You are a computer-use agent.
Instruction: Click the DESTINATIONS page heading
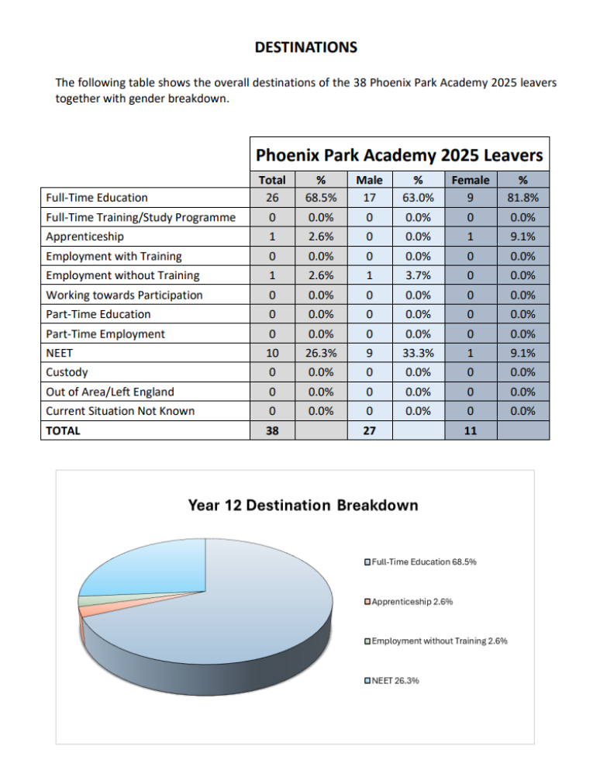coord(306,47)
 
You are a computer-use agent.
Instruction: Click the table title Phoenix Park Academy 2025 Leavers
coord(399,154)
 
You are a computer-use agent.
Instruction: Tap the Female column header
coord(470,180)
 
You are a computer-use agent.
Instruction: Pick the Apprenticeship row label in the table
coord(84,237)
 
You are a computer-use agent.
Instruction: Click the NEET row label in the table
coord(60,353)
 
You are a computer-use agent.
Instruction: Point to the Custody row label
coord(67,372)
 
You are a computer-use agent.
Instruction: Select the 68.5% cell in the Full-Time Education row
coord(321,198)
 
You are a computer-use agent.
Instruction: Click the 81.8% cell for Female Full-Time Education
coord(523,198)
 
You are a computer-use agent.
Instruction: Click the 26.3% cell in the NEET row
coord(321,353)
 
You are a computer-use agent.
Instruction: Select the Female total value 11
coord(470,430)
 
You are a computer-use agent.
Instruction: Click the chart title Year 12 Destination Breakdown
coord(303,506)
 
